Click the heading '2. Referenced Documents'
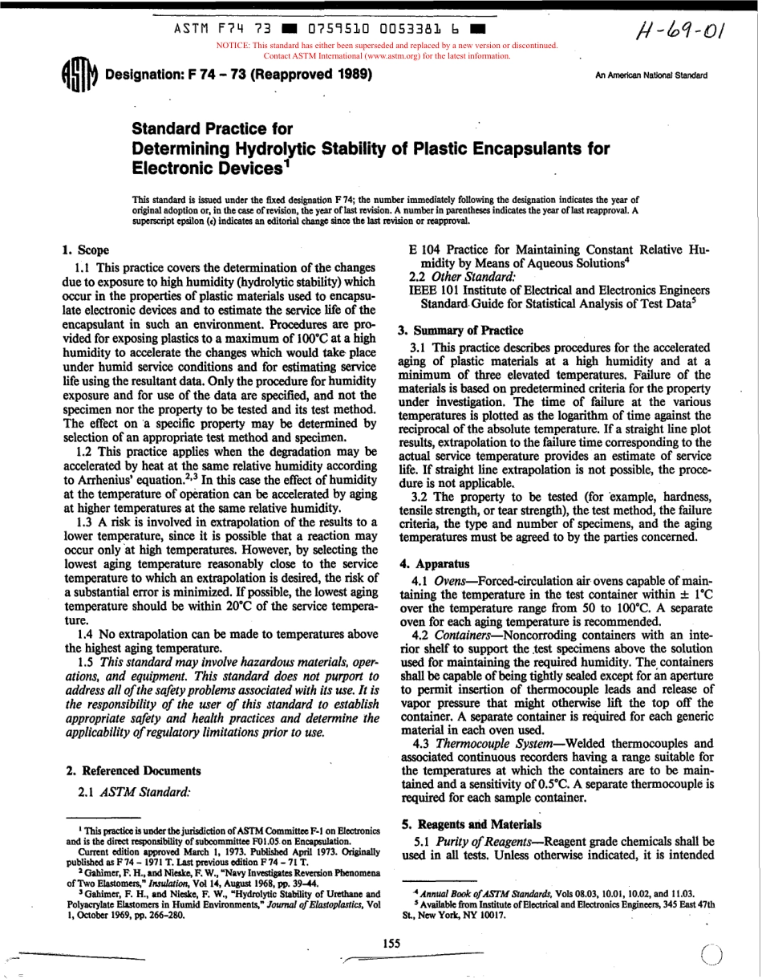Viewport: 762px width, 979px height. (x=133, y=770)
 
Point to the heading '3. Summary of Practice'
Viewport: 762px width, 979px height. (x=460, y=330)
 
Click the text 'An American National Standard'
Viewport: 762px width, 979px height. (x=651, y=75)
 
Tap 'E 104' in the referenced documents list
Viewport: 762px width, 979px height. (x=426, y=250)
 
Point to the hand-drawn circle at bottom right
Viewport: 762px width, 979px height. (x=711, y=952)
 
